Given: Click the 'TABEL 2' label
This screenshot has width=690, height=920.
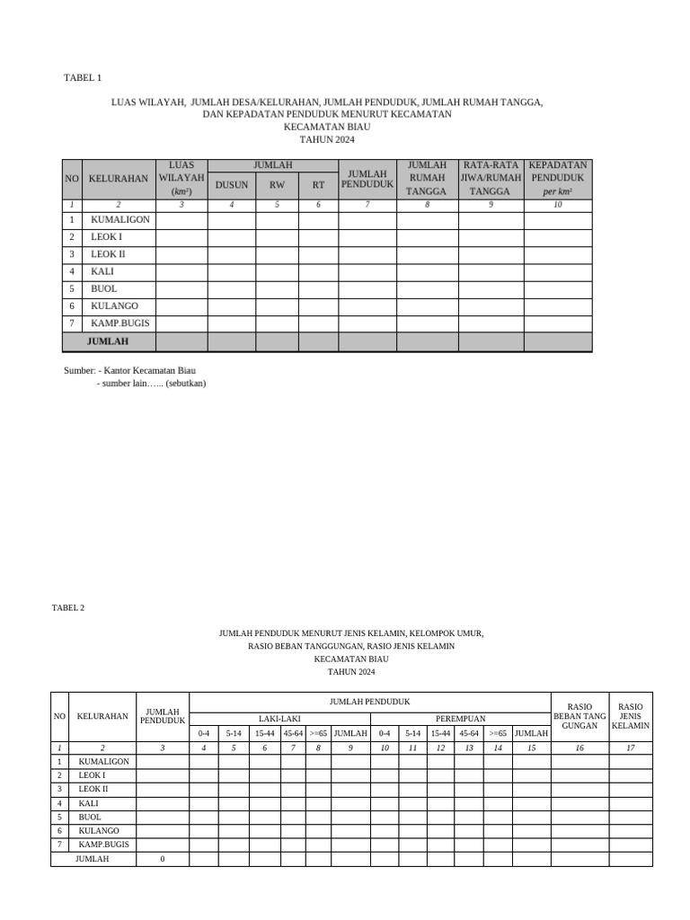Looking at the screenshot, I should tap(68, 607).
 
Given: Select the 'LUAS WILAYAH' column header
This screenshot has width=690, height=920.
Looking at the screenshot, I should tap(181, 178).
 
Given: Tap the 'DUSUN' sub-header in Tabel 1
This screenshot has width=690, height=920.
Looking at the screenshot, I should tap(231, 185).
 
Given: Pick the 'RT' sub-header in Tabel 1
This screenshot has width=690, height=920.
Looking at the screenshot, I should tap(318, 185).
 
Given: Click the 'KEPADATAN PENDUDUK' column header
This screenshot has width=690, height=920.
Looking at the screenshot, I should tap(558, 178).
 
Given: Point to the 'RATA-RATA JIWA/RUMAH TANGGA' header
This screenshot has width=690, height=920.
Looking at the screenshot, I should tap(491, 178).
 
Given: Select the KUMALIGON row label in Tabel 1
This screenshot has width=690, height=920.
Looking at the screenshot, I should tap(120, 220).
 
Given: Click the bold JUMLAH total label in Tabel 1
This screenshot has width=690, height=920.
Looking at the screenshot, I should tap(108, 341).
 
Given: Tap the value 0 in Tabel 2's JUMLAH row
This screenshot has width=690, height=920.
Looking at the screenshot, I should tap(163, 860).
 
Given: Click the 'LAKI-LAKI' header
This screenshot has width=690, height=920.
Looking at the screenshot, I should tap(280, 719).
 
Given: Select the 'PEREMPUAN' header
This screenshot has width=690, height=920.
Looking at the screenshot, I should tap(460, 719).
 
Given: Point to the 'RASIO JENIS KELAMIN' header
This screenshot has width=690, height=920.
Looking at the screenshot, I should tap(631, 716).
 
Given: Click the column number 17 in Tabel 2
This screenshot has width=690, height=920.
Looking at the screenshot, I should tap(631, 747).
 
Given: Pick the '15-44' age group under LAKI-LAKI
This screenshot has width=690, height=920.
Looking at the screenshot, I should tap(264, 733).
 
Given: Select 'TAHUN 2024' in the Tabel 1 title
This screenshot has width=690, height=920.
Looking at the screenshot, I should tap(327, 140).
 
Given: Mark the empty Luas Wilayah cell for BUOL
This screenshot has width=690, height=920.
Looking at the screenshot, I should tap(181, 289).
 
